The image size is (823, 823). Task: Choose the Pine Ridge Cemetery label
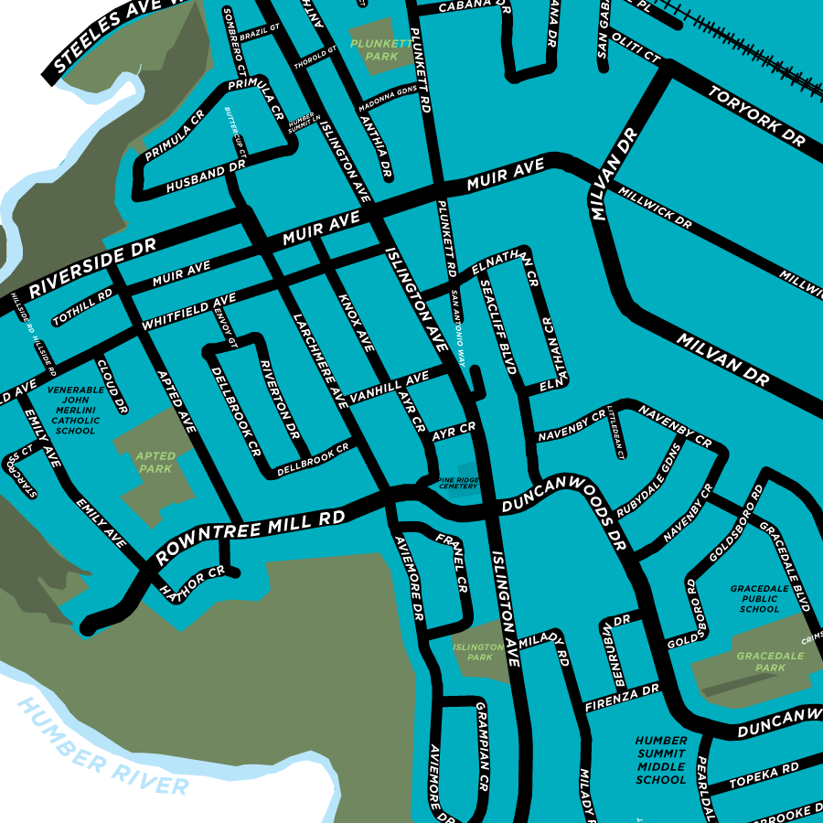pyautogui.click(x=458, y=482)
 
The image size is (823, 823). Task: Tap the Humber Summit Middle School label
pyautogui.click(x=660, y=760)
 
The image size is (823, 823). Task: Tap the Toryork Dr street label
pyautogui.click(x=756, y=116)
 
